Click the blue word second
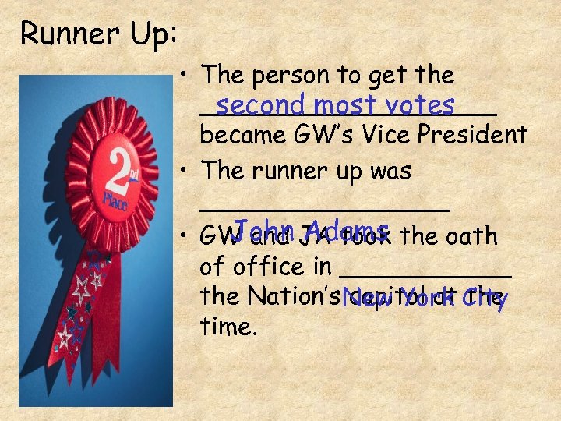pyautogui.click(x=256, y=104)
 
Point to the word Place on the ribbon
pyautogui.click(x=115, y=201)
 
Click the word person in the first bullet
pyautogui.click(x=294, y=76)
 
